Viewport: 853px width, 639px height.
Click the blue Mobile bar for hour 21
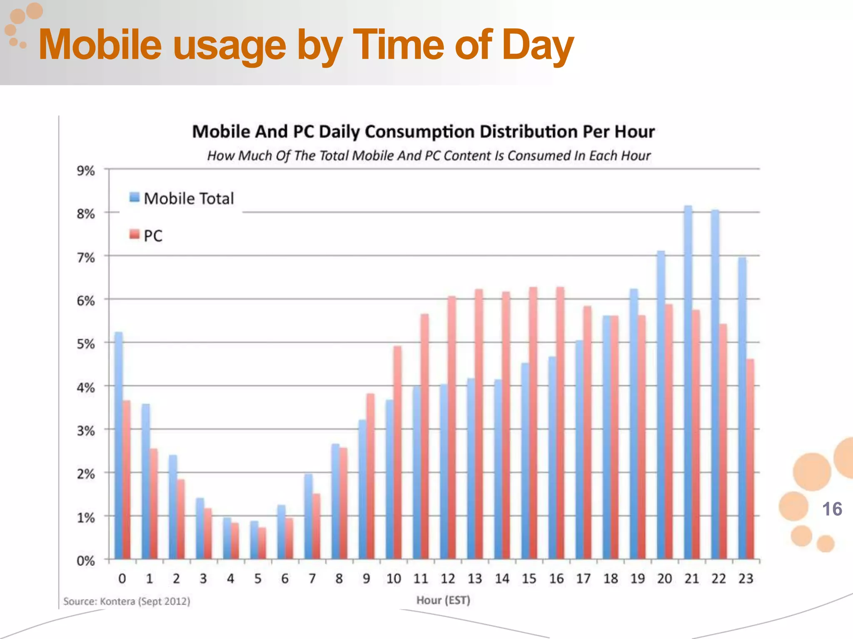click(688, 383)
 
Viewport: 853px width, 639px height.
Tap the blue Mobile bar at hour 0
click(118, 445)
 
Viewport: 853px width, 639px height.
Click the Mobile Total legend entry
click(182, 198)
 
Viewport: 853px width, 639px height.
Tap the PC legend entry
click(146, 235)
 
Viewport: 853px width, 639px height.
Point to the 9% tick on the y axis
click(85, 171)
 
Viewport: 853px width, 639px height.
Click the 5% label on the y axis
click(85, 344)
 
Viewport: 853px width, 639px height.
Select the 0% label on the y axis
click(85, 561)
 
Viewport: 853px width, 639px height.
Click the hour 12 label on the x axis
click(448, 579)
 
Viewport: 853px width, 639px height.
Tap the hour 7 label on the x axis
click(312, 579)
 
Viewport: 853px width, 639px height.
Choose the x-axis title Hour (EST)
click(443, 600)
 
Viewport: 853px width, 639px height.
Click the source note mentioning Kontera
click(127, 602)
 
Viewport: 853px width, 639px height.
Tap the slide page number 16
click(832, 509)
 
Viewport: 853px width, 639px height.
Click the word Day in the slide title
click(537, 45)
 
